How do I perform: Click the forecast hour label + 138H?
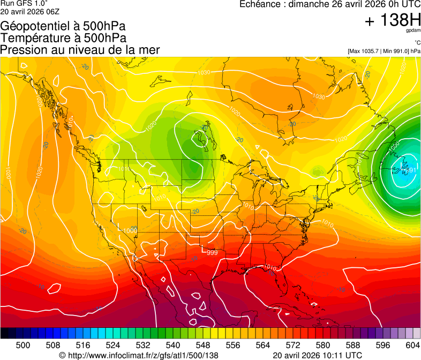tap(392, 21)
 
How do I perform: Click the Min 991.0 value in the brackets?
tap(396, 51)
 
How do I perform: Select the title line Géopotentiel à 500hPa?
tap(64, 26)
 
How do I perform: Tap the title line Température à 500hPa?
tap(63, 38)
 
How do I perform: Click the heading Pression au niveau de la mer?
tap(80, 50)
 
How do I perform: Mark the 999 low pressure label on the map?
tap(212, 252)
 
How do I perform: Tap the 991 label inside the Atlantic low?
tap(411, 170)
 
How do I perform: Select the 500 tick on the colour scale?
tap(23, 345)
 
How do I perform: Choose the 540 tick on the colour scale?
tap(173, 345)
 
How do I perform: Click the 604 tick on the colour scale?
tap(412, 345)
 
